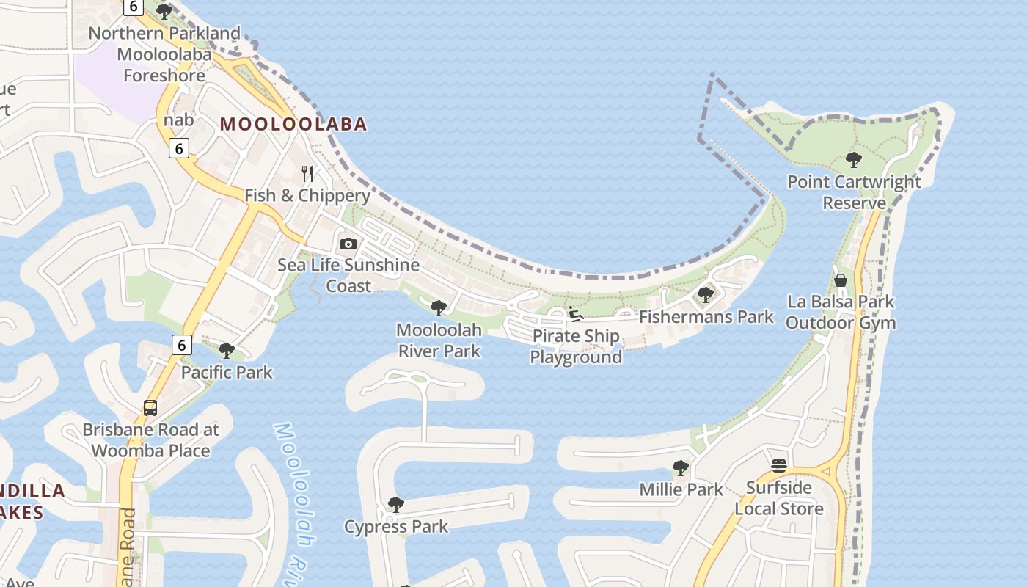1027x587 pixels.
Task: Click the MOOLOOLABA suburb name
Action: [293, 124]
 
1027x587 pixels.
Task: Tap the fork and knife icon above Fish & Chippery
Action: [307, 174]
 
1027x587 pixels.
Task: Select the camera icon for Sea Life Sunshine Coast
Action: [348, 244]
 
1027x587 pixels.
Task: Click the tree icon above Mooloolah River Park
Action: [439, 308]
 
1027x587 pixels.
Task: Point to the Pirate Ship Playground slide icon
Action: [576, 315]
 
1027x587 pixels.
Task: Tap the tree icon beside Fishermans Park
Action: [706, 295]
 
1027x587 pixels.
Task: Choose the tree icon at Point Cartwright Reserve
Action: [853, 159]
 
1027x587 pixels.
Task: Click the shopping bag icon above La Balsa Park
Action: [841, 280]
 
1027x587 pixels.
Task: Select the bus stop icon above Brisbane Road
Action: [150, 408]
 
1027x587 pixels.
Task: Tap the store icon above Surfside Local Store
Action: [779, 466]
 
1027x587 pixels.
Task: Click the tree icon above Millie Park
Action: [681, 467]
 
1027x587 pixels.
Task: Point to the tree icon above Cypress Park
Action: [395, 505]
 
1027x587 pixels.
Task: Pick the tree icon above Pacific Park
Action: [227, 351]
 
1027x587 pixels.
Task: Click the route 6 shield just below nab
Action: [179, 148]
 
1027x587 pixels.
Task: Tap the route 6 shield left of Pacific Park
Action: [181, 344]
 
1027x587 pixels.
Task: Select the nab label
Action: [179, 120]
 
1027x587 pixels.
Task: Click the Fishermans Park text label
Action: [706, 316]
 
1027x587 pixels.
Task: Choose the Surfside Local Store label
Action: [779, 498]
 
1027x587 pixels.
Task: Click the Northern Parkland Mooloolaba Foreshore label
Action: [164, 54]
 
